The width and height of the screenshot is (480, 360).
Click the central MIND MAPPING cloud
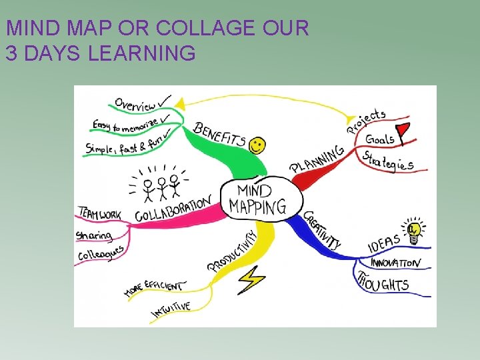pyautogui.click(x=257, y=197)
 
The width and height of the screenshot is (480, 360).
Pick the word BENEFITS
pyautogui.click(x=219, y=135)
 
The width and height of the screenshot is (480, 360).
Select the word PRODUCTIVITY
pyautogui.click(x=232, y=251)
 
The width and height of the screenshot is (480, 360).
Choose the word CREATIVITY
pyautogui.click(x=322, y=230)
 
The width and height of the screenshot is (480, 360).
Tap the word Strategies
pyautogui.click(x=388, y=161)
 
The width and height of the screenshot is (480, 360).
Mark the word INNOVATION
pyautogui.click(x=395, y=263)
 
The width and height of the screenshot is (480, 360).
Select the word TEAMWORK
pyautogui.click(x=100, y=213)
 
